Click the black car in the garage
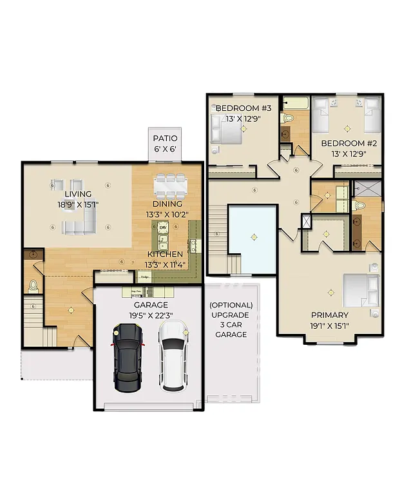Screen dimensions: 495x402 click(x=128, y=358)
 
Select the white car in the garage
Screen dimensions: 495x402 click(x=173, y=356)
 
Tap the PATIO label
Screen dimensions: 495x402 click(x=165, y=138)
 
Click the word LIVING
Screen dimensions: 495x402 click(x=77, y=194)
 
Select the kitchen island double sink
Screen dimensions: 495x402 click(x=163, y=242)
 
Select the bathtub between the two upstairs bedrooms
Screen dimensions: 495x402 click(x=296, y=103)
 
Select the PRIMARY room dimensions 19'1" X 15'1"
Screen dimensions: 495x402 click(x=330, y=325)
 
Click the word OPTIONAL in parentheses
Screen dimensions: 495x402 click(x=231, y=305)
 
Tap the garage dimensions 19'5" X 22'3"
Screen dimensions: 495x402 click(x=151, y=316)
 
